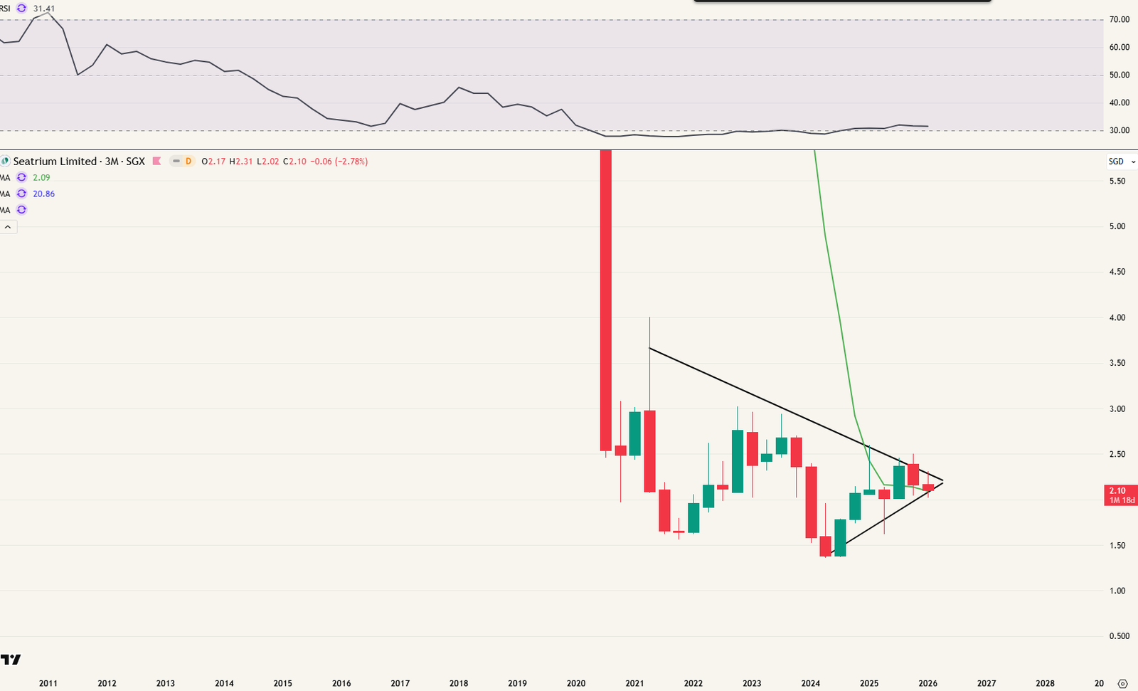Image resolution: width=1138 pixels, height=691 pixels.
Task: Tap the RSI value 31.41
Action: (44, 9)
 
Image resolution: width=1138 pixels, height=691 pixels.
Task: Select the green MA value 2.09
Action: (41, 178)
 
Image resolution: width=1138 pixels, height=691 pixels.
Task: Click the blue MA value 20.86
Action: (43, 194)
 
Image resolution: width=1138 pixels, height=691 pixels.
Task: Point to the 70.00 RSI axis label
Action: (1120, 20)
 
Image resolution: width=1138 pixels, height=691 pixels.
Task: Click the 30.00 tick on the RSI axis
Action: (1120, 131)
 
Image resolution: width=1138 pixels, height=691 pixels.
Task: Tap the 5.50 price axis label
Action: (1117, 181)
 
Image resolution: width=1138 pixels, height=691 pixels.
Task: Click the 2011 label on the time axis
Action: (48, 683)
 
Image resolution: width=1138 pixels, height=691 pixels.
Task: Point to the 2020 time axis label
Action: (576, 683)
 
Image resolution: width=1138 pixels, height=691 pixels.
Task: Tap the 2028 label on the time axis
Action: (1045, 683)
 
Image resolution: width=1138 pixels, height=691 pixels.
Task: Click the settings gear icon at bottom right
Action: (1123, 683)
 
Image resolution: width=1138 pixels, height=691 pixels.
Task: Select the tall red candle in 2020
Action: (605, 299)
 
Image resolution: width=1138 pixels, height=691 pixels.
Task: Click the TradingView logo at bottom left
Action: (11, 660)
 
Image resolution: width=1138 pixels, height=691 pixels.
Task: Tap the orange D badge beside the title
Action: (188, 162)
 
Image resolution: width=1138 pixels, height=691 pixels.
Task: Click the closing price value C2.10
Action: (294, 162)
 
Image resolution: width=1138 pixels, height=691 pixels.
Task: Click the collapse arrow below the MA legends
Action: (8, 227)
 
